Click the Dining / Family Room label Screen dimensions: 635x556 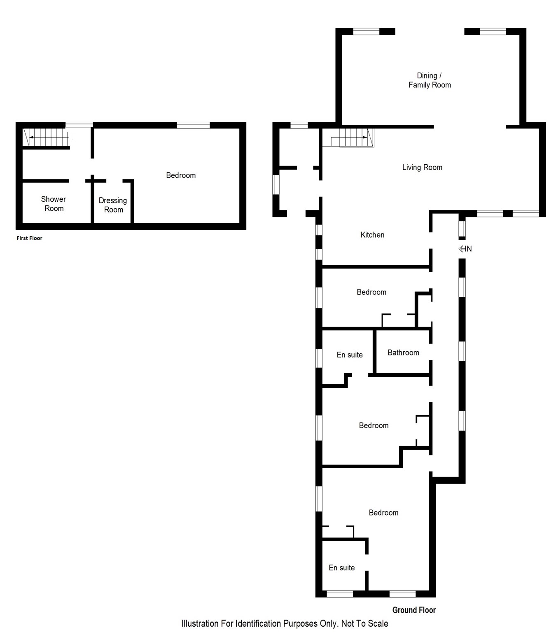[429, 80]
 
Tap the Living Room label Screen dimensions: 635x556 [422, 167]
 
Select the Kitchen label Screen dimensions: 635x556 [372, 235]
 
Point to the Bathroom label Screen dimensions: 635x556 [403, 353]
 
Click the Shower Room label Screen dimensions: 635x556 [54, 204]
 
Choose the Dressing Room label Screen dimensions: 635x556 [113, 205]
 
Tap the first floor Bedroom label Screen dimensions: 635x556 [181, 175]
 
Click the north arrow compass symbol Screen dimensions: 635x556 [465, 249]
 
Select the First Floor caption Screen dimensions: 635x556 [29, 238]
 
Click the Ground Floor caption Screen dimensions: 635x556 [413, 610]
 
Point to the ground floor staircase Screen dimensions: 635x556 [353, 138]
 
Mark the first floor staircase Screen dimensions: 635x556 [45, 137]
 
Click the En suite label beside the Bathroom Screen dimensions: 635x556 [350, 355]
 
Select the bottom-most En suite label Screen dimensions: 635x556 [341, 568]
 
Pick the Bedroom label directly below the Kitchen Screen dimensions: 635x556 [371, 292]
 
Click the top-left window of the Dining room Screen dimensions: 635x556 [366, 31]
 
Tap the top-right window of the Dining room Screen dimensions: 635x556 [493, 31]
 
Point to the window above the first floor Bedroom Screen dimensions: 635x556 [193, 125]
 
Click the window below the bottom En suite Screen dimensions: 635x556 [340, 594]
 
